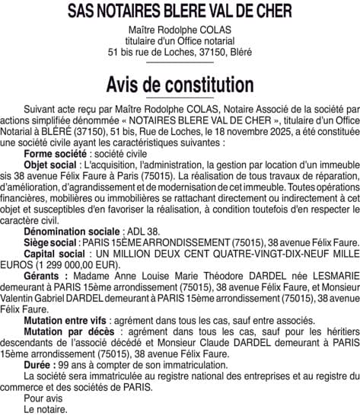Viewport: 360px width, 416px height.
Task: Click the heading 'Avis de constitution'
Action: click(180, 82)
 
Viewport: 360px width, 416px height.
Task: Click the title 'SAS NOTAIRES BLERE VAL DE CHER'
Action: click(180, 11)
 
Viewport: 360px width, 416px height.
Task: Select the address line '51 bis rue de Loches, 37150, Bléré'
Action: click(180, 53)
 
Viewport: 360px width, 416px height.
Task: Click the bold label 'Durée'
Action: click(39, 364)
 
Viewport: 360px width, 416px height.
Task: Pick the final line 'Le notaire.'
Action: click(46, 408)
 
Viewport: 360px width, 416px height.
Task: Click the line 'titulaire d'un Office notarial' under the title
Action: click(180, 42)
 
